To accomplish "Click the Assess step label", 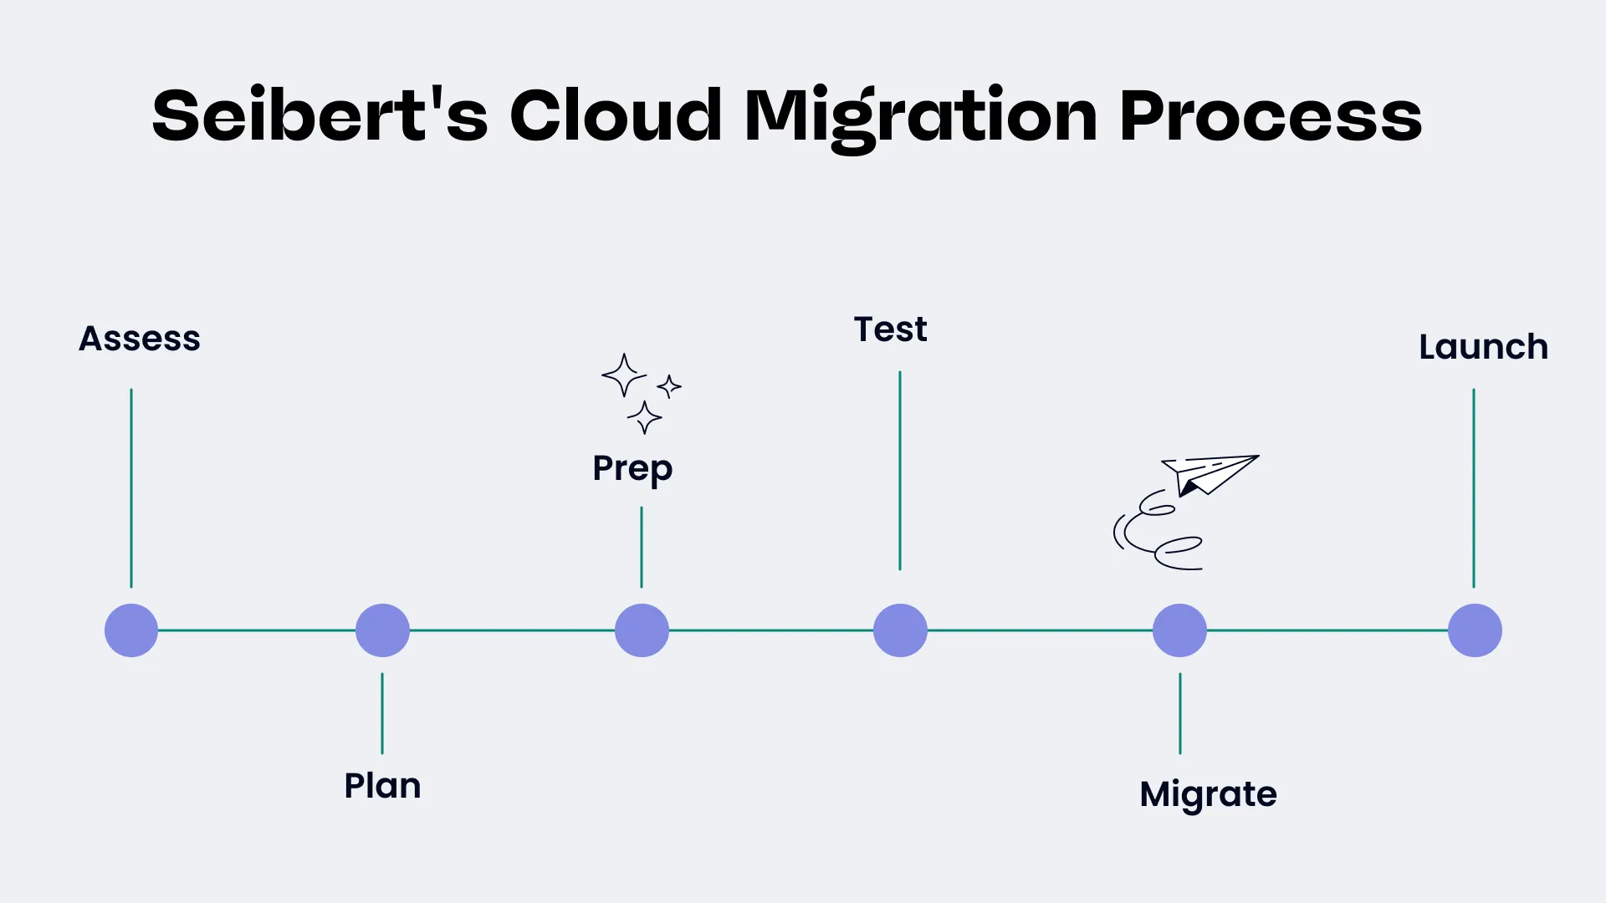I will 140,339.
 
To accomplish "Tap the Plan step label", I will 382,786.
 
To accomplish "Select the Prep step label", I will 632,469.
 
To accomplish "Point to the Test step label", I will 890,329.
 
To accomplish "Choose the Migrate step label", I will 1208,794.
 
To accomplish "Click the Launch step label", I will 1483,347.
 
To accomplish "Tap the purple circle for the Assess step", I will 131,630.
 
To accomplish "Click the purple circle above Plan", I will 382,630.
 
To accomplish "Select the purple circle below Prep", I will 642,630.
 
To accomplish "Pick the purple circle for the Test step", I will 900,630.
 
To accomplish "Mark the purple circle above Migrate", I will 1179,630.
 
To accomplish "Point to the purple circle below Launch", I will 1475,630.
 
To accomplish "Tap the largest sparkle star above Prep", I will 623,375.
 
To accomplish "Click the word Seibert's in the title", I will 320,115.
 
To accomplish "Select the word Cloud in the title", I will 616,115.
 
